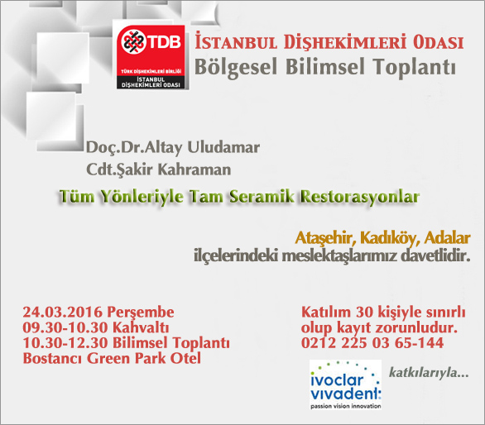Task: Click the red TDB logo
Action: tap(151, 57)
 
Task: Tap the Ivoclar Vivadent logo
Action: tap(345, 384)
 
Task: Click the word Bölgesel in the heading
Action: tap(235, 67)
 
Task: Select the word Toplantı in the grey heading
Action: tap(414, 67)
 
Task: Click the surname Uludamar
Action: tap(223, 147)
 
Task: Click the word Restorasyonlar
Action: tap(360, 197)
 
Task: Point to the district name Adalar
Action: tap(448, 237)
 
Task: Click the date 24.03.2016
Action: tap(63, 312)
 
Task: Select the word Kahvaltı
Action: tap(141, 327)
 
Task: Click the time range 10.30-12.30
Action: tap(65, 343)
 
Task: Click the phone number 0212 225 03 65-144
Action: tap(372, 343)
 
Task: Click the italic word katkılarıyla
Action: tap(429, 372)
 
